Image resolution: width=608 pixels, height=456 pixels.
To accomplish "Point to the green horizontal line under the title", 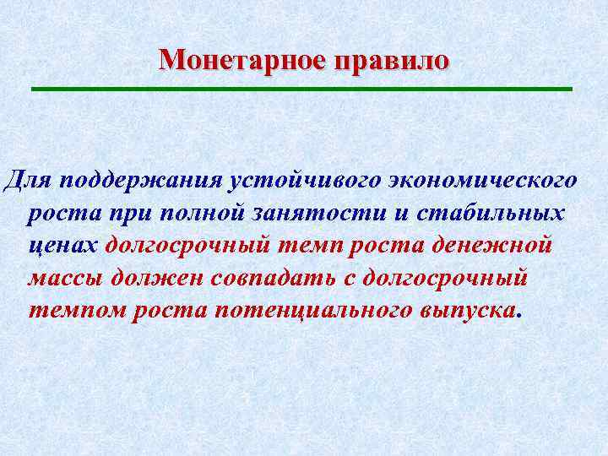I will point(301,89).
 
